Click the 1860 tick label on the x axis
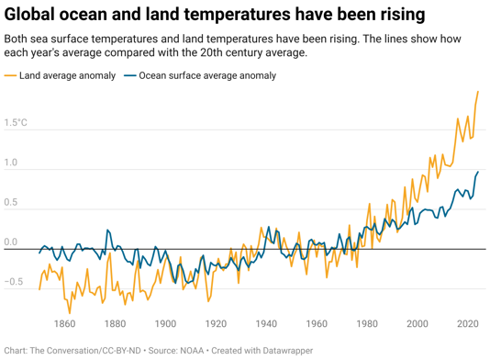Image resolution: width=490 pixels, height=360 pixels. (x=64, y=323)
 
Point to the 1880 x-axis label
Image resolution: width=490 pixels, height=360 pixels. (x=115, y=323)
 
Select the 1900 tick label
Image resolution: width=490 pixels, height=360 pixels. (x=165, y=323)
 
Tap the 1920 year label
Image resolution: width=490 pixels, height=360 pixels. (x=216, y=323)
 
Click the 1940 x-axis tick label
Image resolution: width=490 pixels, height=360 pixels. (x=266, y=323)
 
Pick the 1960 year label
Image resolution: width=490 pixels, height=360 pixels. (x=317, y=323)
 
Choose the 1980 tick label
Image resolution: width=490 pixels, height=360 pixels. (x=367, y=323)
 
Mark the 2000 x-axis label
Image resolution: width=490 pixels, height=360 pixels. (x=418, y=323)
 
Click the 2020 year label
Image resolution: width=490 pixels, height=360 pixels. (x=467, y=323)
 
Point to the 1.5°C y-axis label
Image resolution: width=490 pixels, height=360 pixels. (x=16, y=122)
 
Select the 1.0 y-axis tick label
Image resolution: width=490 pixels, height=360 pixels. (x=11, y=163)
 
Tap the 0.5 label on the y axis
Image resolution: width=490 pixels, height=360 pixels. (x=11, y=203)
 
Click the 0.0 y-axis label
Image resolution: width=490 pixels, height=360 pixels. (x=11, y=242)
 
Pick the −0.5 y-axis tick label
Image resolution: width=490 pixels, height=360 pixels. (x=13, y=283)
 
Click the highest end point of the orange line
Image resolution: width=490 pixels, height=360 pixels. (x=478, y=91)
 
